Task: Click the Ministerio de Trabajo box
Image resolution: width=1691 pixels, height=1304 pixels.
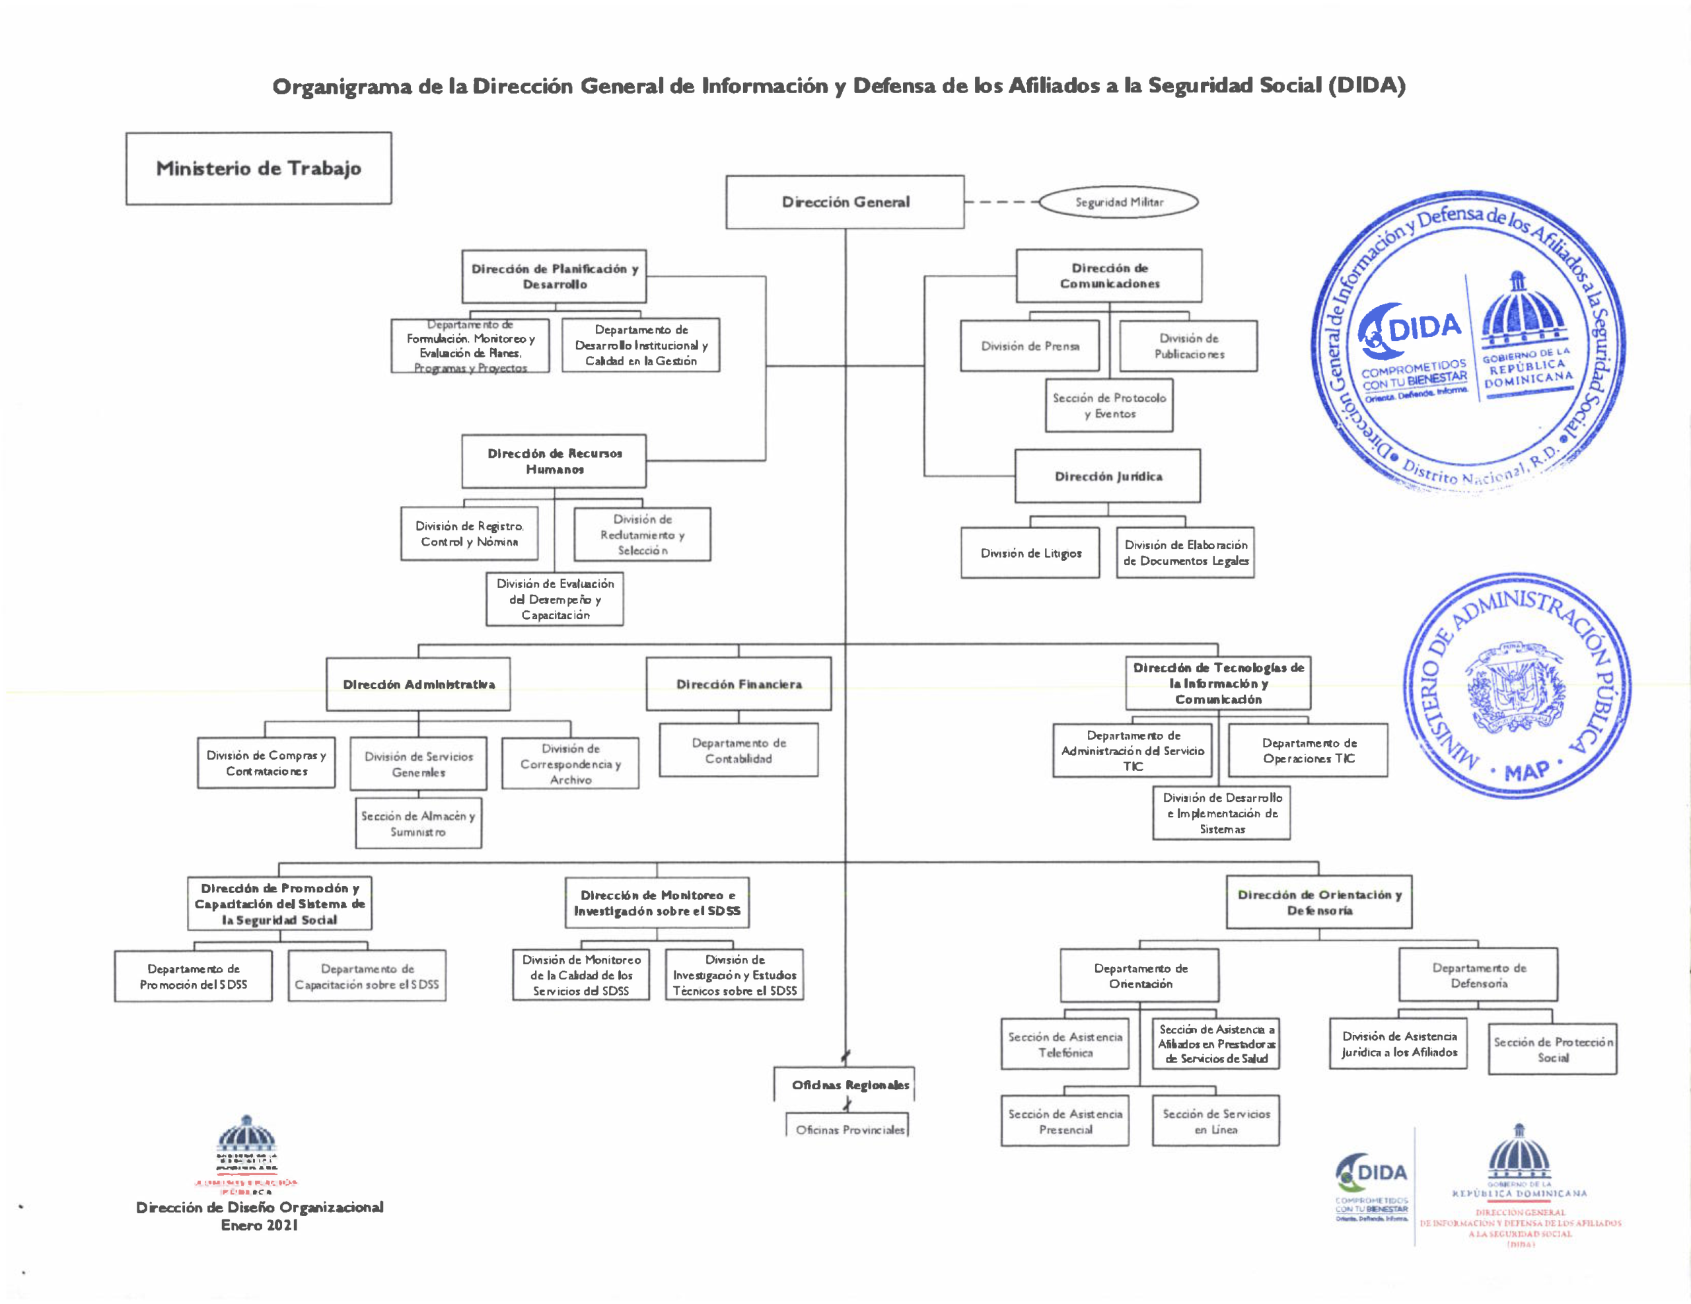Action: click(259, 168)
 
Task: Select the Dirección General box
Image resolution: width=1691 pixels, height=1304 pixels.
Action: click(845, 202)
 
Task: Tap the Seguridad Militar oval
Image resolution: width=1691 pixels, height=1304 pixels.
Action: click(1118, 202)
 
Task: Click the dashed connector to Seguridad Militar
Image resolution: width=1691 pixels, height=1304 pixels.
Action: click(1001, 202)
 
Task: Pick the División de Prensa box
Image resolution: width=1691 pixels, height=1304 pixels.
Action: click(1029, 346)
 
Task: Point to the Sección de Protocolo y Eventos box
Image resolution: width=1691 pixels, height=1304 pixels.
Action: click(1109, 406)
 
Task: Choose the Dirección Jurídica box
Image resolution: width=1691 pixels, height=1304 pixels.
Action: click(1108, 476)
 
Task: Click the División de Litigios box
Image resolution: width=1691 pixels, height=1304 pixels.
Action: click(1030, 553)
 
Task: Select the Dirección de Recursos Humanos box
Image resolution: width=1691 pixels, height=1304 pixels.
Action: click(554, 460)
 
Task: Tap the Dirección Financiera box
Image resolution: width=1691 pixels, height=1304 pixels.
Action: click(738, 684)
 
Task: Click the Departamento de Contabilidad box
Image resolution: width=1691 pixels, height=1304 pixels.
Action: click(738, 750)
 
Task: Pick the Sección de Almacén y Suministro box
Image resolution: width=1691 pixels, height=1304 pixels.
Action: click(418, 824)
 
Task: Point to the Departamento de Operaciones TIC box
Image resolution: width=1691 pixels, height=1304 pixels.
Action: click(1309, 750)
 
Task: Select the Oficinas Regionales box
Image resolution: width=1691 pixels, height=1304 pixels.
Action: click(849, 1085)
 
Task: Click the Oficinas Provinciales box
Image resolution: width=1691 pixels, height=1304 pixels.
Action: click(849, 1129)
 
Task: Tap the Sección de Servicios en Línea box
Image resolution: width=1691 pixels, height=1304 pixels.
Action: click(1215, 1121)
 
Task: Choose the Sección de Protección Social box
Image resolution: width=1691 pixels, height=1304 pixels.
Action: click(1552, 1049)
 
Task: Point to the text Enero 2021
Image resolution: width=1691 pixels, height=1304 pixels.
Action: click(260, 1225)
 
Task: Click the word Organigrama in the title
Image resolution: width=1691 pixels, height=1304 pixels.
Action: click(342, 86)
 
